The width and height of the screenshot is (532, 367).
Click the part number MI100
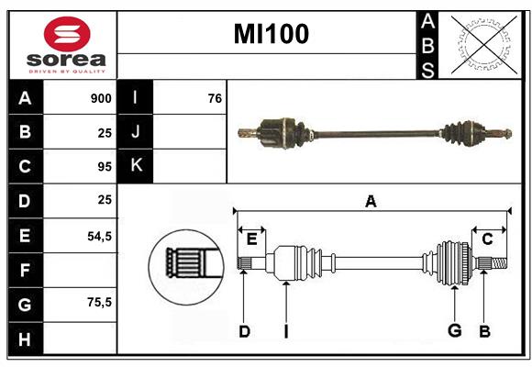[x=271, y=34]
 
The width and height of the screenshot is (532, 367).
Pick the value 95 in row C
[x=105, y=167]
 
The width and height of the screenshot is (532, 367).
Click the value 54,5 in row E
[x=99, y=236]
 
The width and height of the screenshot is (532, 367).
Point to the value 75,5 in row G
[x=99, y=302]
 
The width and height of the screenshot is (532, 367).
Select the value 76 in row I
[x=215, y=98]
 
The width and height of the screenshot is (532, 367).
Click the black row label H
[x=25, y=339]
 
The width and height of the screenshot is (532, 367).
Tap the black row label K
[x=136, y=165]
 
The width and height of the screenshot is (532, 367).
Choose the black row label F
[x=25, y=271]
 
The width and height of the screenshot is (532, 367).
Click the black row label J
[x=136, y=132]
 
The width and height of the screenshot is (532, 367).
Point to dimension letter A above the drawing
[x=371, y=202]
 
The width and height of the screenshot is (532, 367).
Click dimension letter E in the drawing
[x=251, y=239]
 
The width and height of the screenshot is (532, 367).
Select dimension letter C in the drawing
[x=487, y=239]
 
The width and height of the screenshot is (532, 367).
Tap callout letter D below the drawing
[x=244, y=332]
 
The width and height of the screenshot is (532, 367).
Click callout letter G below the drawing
[x=454, y=332]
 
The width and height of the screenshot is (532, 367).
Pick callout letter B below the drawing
[x=484, y=332]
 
